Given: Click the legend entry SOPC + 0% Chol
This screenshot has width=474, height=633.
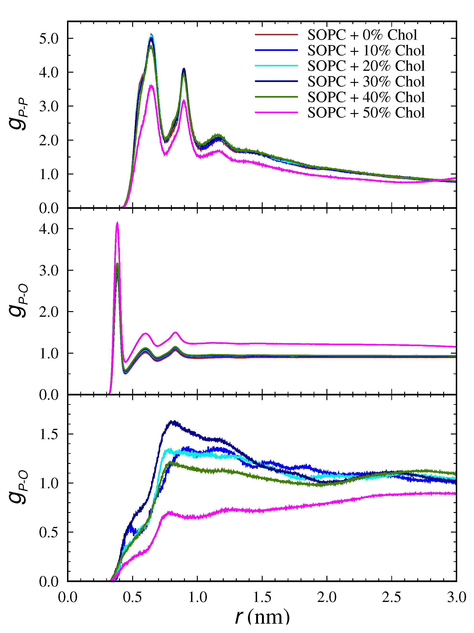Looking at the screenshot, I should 362,35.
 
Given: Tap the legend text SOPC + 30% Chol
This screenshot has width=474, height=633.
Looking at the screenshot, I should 366,82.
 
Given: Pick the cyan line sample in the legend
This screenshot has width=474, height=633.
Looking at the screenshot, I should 276,66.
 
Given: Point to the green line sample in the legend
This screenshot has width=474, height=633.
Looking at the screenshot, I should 276,97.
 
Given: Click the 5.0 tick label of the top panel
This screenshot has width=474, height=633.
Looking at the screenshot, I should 49,39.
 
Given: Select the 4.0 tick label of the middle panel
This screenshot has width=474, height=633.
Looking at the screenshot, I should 49,229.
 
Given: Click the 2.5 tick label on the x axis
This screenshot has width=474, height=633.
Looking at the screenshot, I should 391,597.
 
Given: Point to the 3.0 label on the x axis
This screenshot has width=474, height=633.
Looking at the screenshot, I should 456,597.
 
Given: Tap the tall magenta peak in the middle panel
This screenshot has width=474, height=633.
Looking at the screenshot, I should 117,223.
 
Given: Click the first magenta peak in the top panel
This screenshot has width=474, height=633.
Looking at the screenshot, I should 151,85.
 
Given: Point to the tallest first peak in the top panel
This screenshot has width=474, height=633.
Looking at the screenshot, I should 152,35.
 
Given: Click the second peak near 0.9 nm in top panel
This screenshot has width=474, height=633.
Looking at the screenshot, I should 184,69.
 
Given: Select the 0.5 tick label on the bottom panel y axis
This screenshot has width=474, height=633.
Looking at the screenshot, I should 49,532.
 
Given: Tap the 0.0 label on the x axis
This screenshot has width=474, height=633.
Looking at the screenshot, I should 67,597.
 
